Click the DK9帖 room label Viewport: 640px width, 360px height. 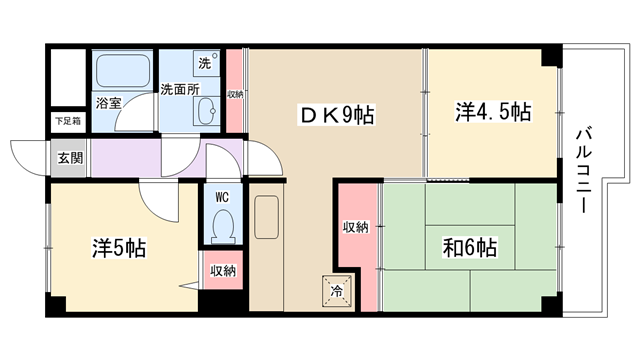click(x=337, y=115)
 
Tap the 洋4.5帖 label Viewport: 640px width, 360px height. click(x=493, y=111)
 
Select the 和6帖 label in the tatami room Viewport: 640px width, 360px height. click(x=470, y=247)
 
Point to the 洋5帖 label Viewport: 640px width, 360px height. click(x=119, y=248)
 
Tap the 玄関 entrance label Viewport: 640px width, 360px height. click(x=70, y=158)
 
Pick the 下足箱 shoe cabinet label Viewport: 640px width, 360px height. click(x=68, y=121)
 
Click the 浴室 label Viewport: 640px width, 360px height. click(x=109, y=103)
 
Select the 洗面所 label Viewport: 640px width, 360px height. click(x=180, y=89)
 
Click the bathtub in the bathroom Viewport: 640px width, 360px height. click(x=123, y=71)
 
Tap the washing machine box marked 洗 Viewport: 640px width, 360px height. click(x=207, y=62)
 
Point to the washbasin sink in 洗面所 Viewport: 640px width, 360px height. click(x=208, y=111)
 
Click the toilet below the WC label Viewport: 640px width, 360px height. click(x=223, y=227)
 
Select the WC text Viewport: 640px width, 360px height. click(x=222, y=198)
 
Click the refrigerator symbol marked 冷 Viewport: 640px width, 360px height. click(x=337, y=290)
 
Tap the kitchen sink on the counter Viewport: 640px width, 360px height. click(x=267, y=217)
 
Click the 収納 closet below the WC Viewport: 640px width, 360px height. click(x=223, y=270)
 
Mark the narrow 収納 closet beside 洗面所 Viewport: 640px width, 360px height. click(x=235, y=91)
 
